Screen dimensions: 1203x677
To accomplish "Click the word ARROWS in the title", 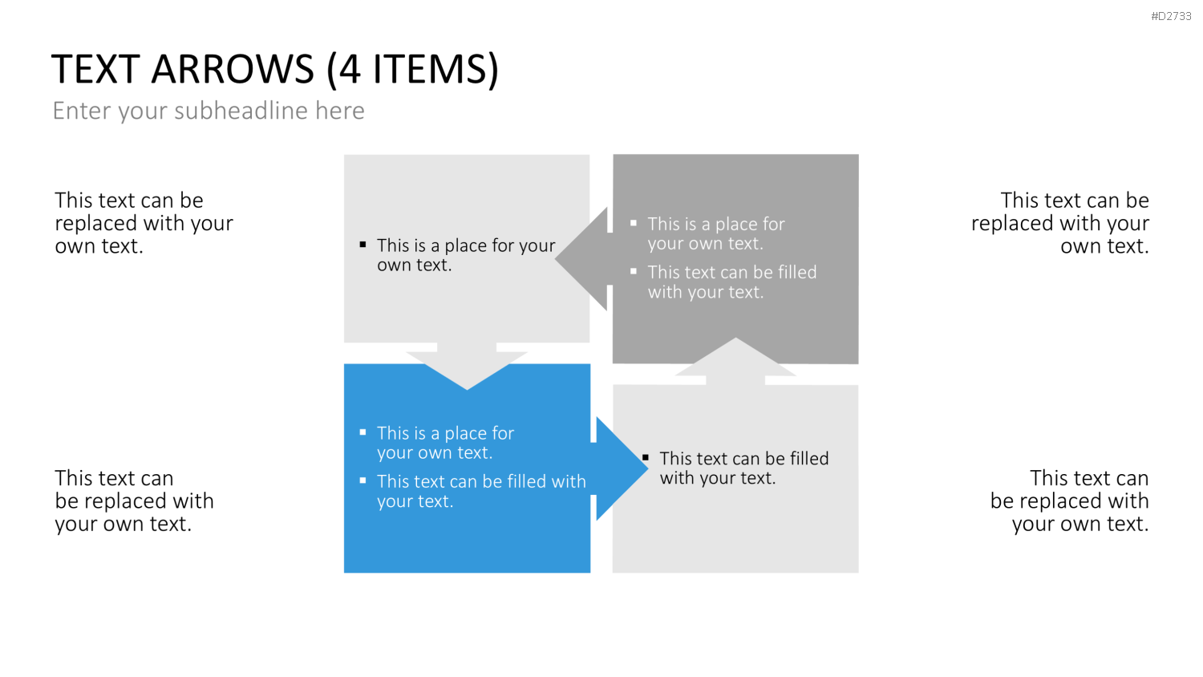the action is point(233,69).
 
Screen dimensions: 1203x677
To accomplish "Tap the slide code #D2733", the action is point(1171,16).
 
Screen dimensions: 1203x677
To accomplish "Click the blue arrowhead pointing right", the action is point(619,468).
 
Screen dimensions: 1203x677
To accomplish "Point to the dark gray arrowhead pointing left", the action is point(584,259).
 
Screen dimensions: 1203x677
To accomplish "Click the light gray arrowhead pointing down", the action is point(467,366).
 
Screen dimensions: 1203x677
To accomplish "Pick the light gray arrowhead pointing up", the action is point(735,361).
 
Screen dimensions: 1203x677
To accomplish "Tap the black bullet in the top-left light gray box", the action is point(363,245).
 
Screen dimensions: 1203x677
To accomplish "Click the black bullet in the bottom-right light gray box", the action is point(646,458).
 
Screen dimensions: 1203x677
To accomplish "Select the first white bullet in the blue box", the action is point(363,432).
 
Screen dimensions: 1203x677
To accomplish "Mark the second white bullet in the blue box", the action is point(363,480).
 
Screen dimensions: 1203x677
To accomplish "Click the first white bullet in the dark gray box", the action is point(634,223).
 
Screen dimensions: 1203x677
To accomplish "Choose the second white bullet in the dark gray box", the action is point(634,271).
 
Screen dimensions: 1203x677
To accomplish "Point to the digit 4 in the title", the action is point(350,69).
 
